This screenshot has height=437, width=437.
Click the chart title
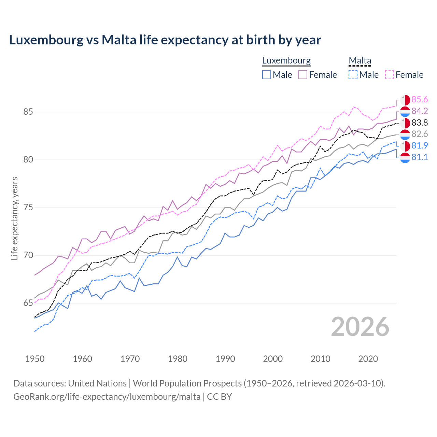pos(165,40)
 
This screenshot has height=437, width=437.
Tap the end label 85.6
pos(420,99)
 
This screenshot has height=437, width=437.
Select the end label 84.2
pos(420,111)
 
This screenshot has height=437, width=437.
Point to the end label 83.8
pos(420,123)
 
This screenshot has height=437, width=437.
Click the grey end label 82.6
pos(420,134)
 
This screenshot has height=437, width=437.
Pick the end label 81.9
pos(420,145)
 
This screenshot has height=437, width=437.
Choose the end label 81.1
pos(420,157)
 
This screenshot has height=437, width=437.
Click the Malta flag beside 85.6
pos(405,100)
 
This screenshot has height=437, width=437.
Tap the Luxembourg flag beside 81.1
pos(405,158)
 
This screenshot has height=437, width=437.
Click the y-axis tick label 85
pos(28,112)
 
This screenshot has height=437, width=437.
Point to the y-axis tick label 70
pos(28,255)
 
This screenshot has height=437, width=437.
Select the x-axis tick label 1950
pos(35,359)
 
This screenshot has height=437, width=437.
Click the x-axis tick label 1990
pos(225,359)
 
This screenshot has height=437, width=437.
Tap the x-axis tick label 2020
pos(368,359)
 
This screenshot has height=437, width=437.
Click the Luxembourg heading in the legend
pos(286,60)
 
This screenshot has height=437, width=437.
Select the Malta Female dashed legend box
pos(390,75)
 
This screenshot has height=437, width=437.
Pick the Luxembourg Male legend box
pos(267,75)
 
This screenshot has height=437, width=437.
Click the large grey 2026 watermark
pos(360,327)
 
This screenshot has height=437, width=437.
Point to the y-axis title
pos(15,218)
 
